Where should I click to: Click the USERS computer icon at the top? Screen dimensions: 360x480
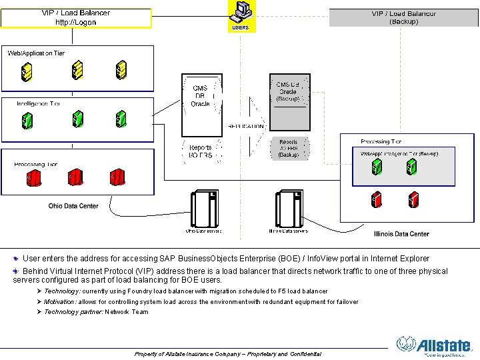(241, 12)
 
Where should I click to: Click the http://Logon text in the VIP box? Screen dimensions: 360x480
(75, 22)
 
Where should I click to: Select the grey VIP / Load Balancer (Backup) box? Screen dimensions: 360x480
(404, 17)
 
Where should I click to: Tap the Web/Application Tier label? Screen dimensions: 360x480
(36, 53)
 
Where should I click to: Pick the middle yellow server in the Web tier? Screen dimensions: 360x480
(77, 69)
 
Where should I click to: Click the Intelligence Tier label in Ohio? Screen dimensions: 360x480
(39, 104)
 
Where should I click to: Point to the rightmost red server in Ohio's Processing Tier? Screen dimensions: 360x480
(118, 177)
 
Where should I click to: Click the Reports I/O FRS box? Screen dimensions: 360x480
(201, 152)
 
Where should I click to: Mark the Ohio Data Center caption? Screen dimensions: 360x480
(73, 206)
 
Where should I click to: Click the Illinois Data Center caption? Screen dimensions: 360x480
(401, 234)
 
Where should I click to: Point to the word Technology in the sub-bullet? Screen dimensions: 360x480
(61, 291)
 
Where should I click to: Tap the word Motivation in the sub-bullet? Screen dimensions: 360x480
(60, 302)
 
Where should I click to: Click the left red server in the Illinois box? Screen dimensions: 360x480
(377, 198)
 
